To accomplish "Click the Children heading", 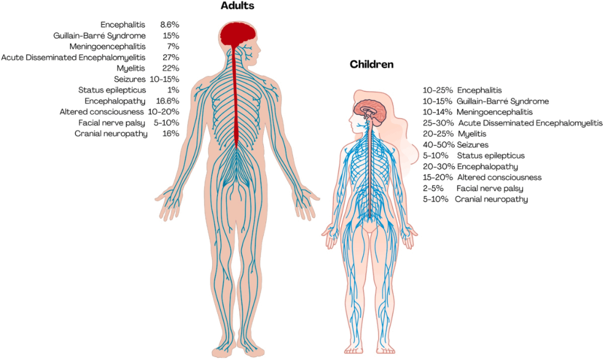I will click(x=371, y=64).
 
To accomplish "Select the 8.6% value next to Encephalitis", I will click(x=170, y=25).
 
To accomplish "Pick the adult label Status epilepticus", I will click(x=112, y=90).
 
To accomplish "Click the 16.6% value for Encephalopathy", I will click(x=168, y=101).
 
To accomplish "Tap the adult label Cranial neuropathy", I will click(x=111, y=133).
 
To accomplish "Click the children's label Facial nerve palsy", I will click(x=490, y=188).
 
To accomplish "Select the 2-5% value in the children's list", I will click(x=433, y=188).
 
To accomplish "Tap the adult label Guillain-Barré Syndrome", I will click(x=100, y=35).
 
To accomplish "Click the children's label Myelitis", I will click(x=472, y=134).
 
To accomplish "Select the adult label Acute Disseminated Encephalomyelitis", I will click(x=73, y=57).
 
